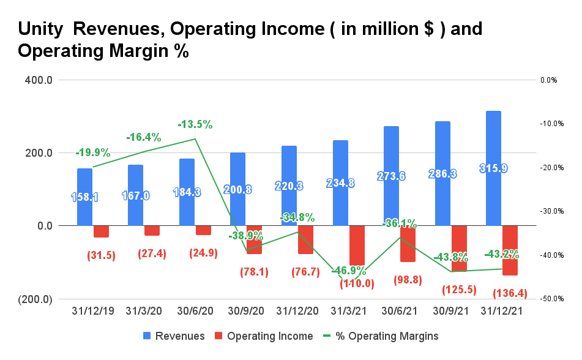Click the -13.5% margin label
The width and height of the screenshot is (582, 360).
click(195, 124)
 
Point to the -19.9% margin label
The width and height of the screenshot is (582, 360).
click(92, 152)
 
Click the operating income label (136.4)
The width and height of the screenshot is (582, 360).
click(510, 294)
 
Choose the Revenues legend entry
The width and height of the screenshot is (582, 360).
click(176, 336)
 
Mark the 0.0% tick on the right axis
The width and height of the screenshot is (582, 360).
click(549, 80)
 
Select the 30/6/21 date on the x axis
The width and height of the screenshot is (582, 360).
click(399, 312)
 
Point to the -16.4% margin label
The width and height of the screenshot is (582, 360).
click(144, 137)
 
